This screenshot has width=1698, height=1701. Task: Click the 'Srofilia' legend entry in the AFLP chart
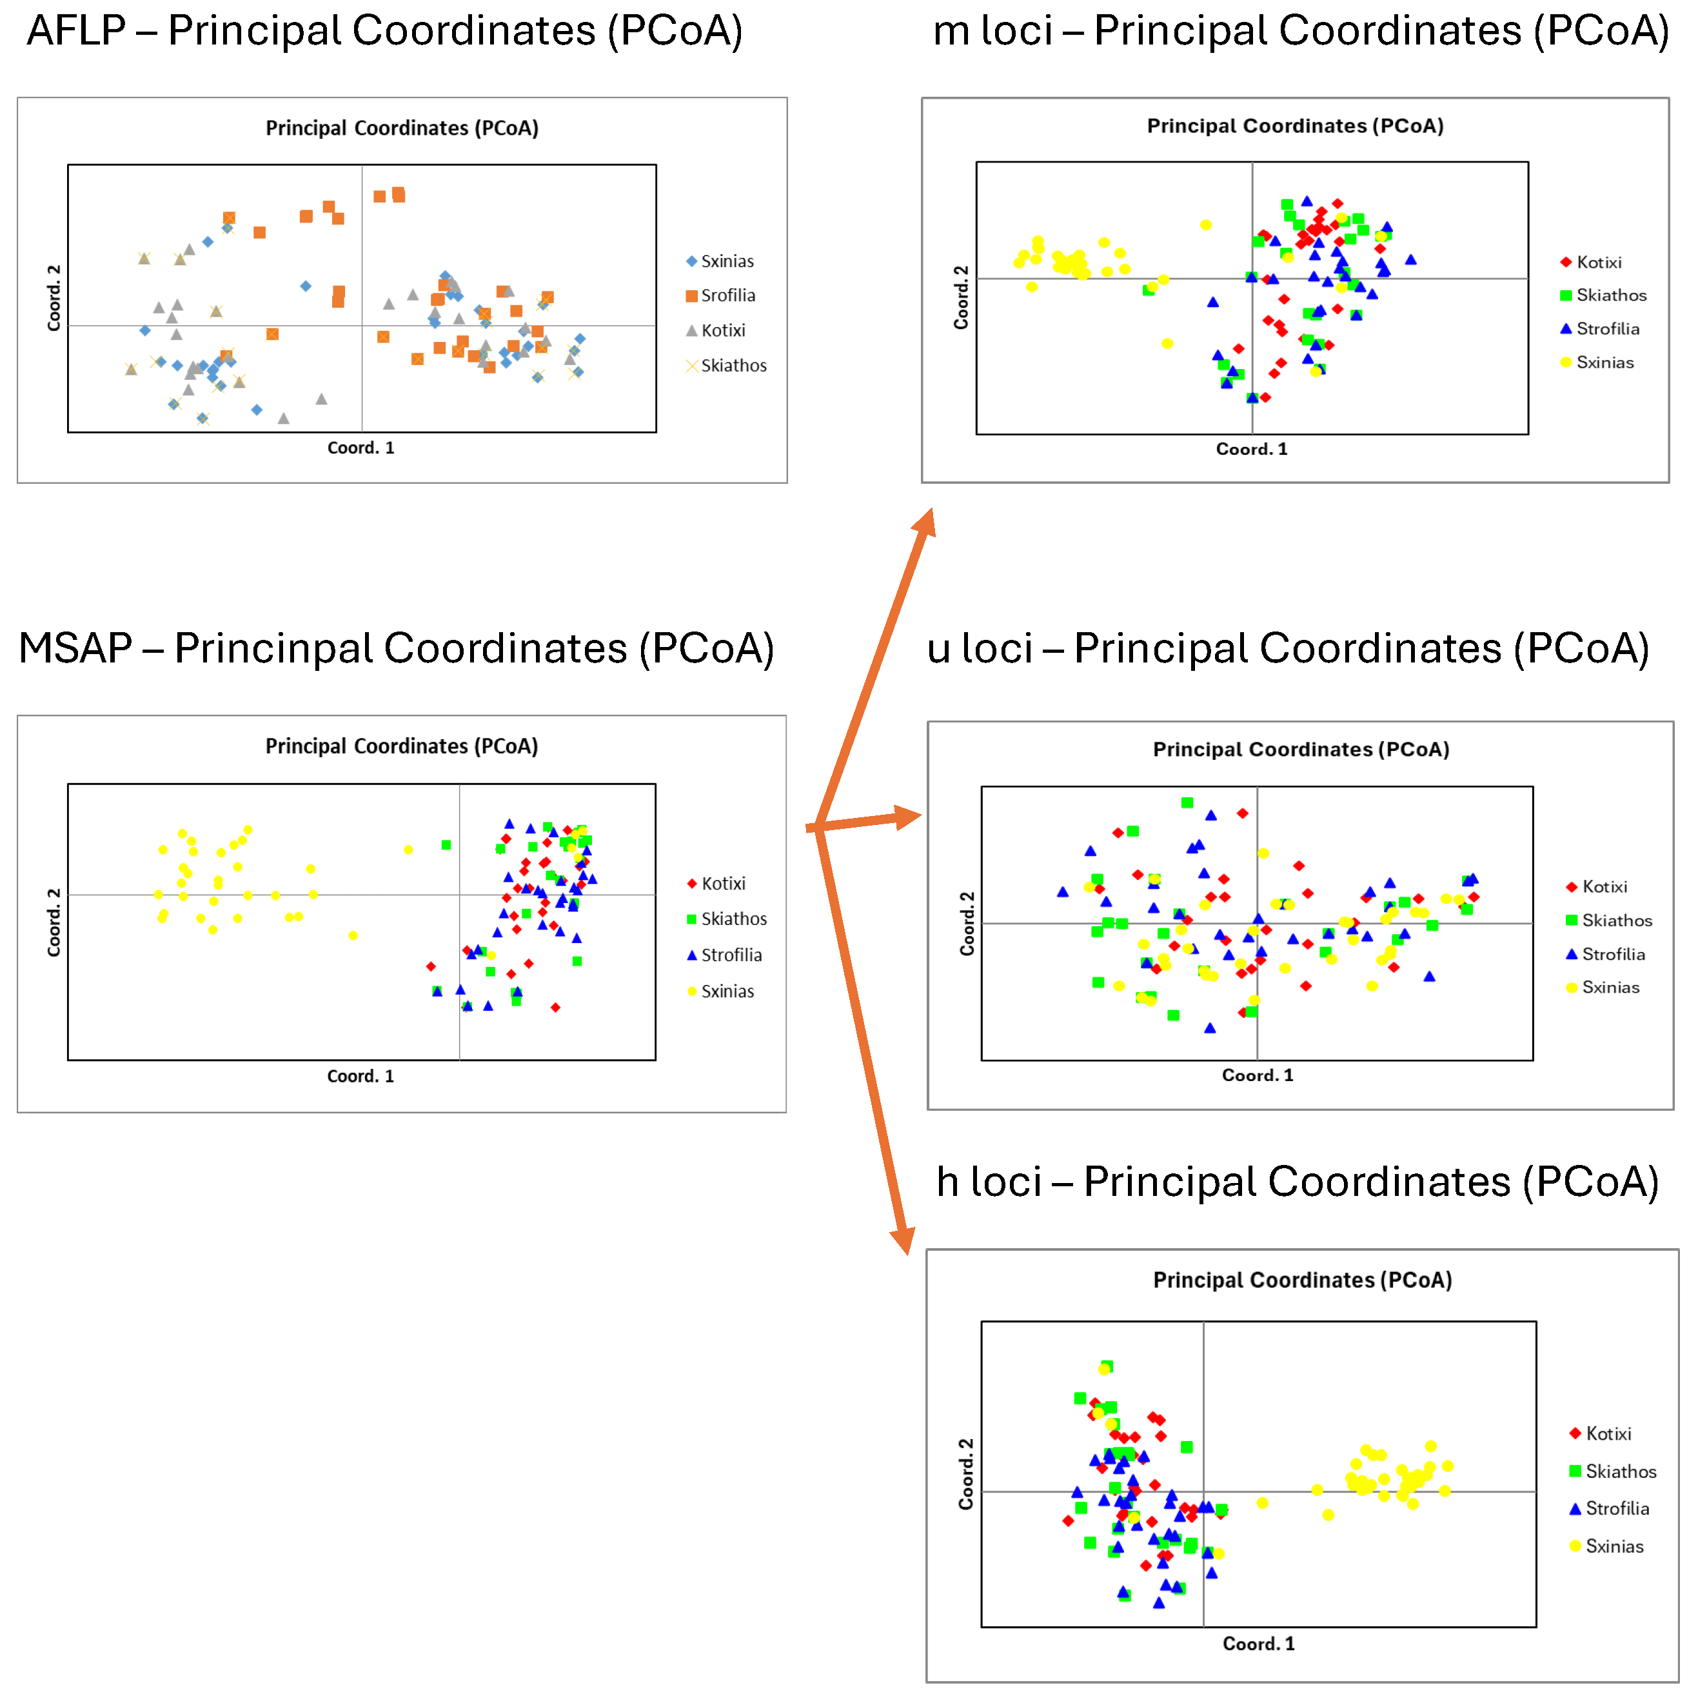[x=727, y=296]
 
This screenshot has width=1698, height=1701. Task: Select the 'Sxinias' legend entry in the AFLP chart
[x=726, y=261]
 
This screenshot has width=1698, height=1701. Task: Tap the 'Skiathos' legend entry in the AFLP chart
[x=733, y=365]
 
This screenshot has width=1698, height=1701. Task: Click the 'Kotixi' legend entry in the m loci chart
[x=1597, y=263]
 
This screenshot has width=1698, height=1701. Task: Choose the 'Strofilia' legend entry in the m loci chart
[x=1606, y=329]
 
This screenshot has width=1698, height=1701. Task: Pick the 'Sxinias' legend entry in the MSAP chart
[x=726, y=992]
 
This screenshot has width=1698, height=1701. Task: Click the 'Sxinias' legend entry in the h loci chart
[x=1614, y=1547]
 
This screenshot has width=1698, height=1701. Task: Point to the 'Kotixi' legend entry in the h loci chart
[x=1607, y=1434]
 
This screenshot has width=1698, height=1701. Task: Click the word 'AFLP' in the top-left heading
[x=77, y=32]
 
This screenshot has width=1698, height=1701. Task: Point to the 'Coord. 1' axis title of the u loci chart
[x=1257, y=1076]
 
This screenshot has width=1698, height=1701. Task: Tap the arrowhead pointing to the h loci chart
[x=903, y=1240]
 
